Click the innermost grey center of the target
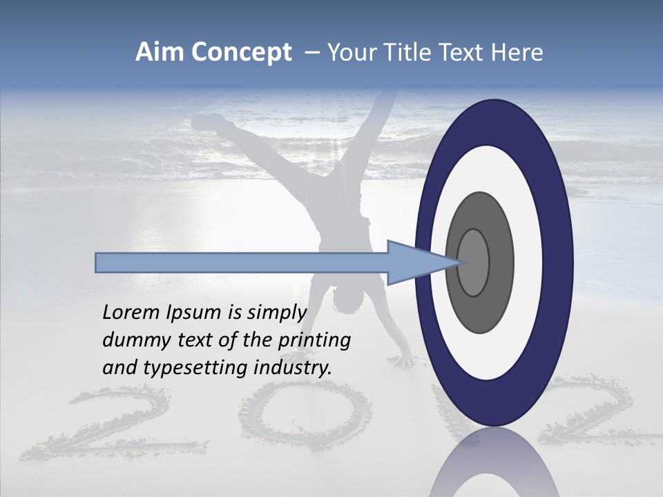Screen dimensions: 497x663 tap(474, 263)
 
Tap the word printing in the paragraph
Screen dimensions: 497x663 tap(314, 341)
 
